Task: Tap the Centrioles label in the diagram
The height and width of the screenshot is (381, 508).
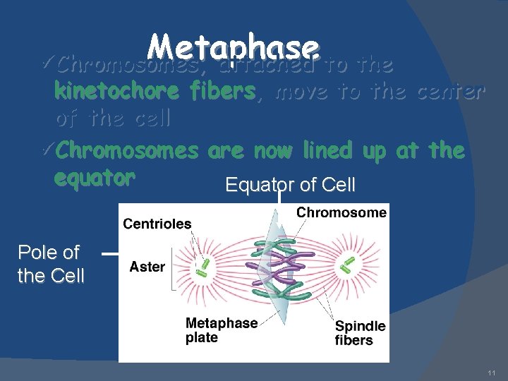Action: coord(157,224)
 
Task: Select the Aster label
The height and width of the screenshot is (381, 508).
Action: coord(147,267)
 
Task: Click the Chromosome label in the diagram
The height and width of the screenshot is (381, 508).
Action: coord(341,212)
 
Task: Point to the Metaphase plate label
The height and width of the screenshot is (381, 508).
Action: coord(221,329)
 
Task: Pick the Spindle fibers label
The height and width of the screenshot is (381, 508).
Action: coord(360,333)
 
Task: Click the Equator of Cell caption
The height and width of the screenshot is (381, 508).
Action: coord(290,186)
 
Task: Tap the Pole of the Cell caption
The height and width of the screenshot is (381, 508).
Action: coord(49,264)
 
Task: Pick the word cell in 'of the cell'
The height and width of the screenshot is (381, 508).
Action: coord(149,119)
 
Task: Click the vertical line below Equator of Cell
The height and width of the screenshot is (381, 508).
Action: coord(280,199)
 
